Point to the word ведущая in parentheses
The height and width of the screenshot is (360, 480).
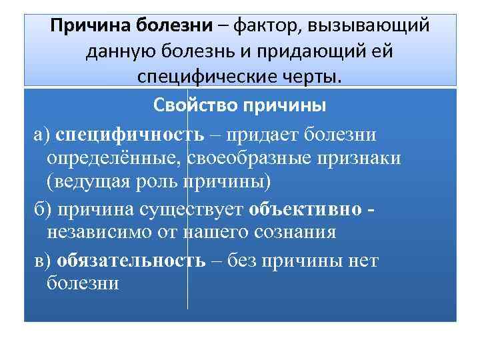coord(83,182)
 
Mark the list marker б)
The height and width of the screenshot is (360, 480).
coord(43,208)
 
